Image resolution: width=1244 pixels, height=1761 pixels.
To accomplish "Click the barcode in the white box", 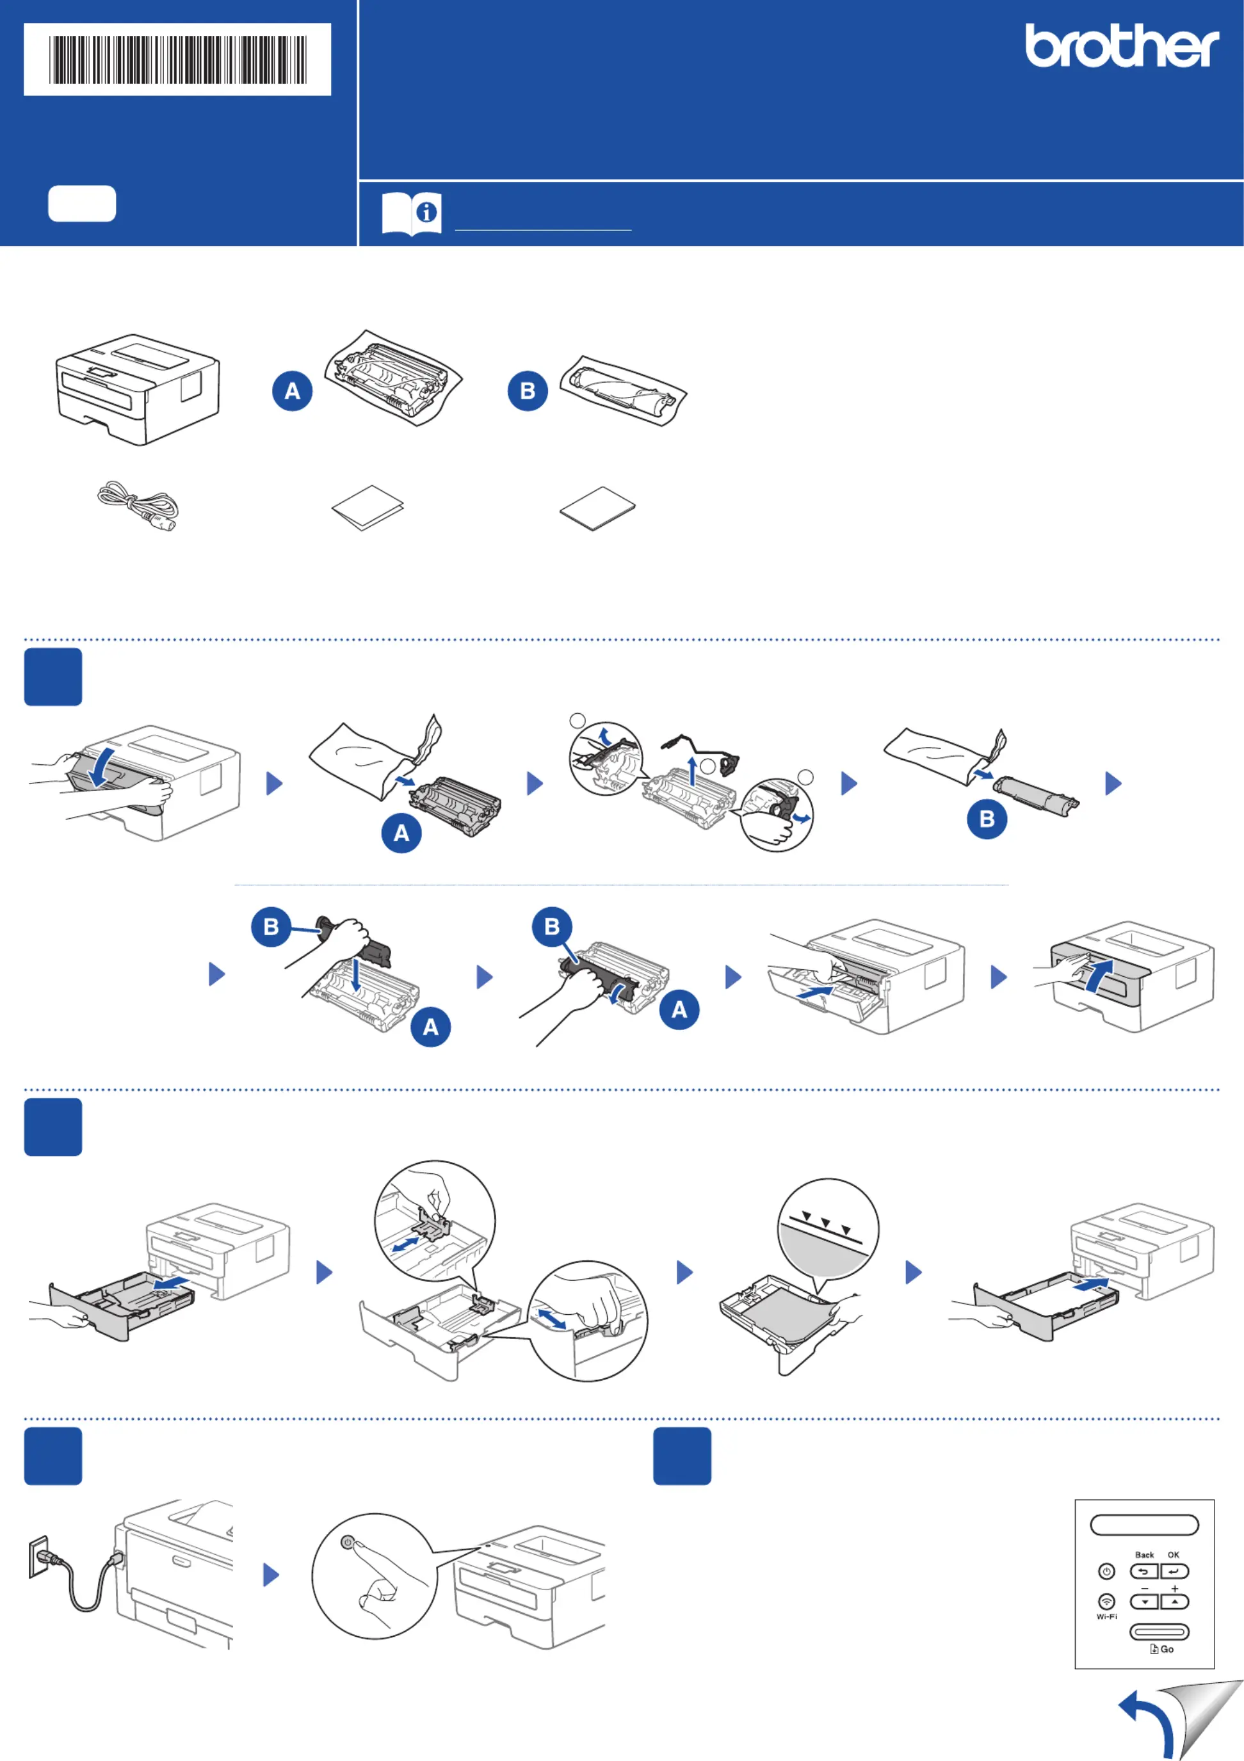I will (x=177, y=59).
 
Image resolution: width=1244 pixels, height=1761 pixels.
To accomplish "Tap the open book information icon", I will (x=411, y=213).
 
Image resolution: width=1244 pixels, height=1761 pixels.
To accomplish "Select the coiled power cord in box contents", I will (x=138, y=506).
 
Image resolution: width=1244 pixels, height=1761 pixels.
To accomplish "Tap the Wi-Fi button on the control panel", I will (x=1106, y=1602).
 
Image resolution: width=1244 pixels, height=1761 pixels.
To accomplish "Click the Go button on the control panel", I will (x=1159, y=1632).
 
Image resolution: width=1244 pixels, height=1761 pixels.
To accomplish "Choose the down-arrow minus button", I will (x=1144, y=1602).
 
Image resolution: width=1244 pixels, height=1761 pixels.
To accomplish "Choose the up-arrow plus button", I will (x=1174, y=1602).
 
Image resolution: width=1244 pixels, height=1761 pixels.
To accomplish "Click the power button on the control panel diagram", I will (x=1106, y=1572).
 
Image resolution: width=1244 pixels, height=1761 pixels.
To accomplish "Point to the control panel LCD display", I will (x=1144, y=1525).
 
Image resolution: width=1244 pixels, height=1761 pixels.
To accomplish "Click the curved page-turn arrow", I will (x=1149, y=1723).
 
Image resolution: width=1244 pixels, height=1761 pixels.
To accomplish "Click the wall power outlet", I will (x=38, y=1557).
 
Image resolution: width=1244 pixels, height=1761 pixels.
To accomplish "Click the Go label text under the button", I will (x=1167, y=1649).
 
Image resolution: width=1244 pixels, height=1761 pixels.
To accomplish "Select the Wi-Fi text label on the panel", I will (x=1106, y=1616).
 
